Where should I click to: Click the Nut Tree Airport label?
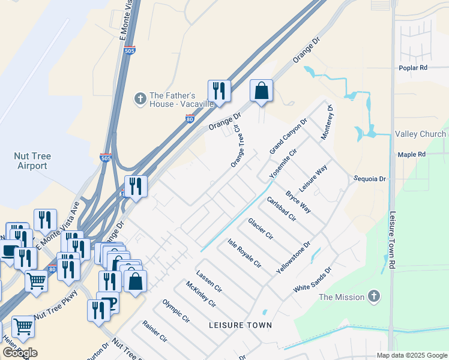[x=32, y=161]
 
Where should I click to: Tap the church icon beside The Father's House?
[x=140, y=98]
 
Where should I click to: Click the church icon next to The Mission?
[x=374, y=296]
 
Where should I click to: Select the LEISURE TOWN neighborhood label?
[x=240, y=325]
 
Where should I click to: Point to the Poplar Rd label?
[x=412, y=68]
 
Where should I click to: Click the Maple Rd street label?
[x=411, y=155]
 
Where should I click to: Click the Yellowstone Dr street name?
[x=294, y=259]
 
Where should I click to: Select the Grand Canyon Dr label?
[x=288, y=135]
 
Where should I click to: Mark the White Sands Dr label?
[x=312, y=280]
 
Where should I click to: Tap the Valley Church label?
[x=420, y=134]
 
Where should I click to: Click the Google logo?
[x=20, y=352]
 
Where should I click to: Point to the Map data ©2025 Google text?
[x=411, y=355]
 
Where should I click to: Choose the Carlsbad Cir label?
[x=282, y=209]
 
